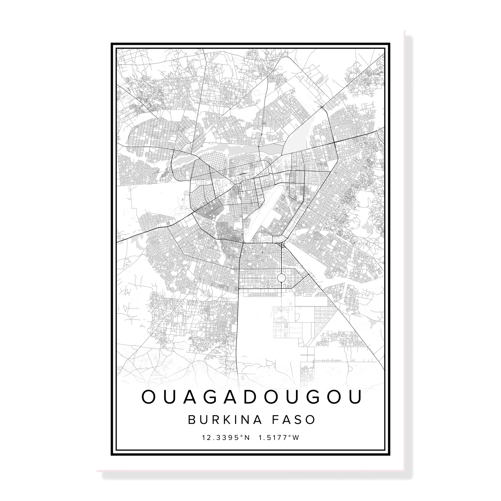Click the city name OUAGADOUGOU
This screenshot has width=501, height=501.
tap(252, 397)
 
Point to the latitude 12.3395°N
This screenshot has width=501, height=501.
tap(226, 437)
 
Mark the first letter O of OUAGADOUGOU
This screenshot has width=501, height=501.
tap(148, 397)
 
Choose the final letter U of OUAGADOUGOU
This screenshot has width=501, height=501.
tap(356, 397)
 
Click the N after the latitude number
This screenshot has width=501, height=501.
tap(247, 437)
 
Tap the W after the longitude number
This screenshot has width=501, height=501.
tap(296, 437)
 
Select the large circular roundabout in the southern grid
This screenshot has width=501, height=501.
tap(281, 277)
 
